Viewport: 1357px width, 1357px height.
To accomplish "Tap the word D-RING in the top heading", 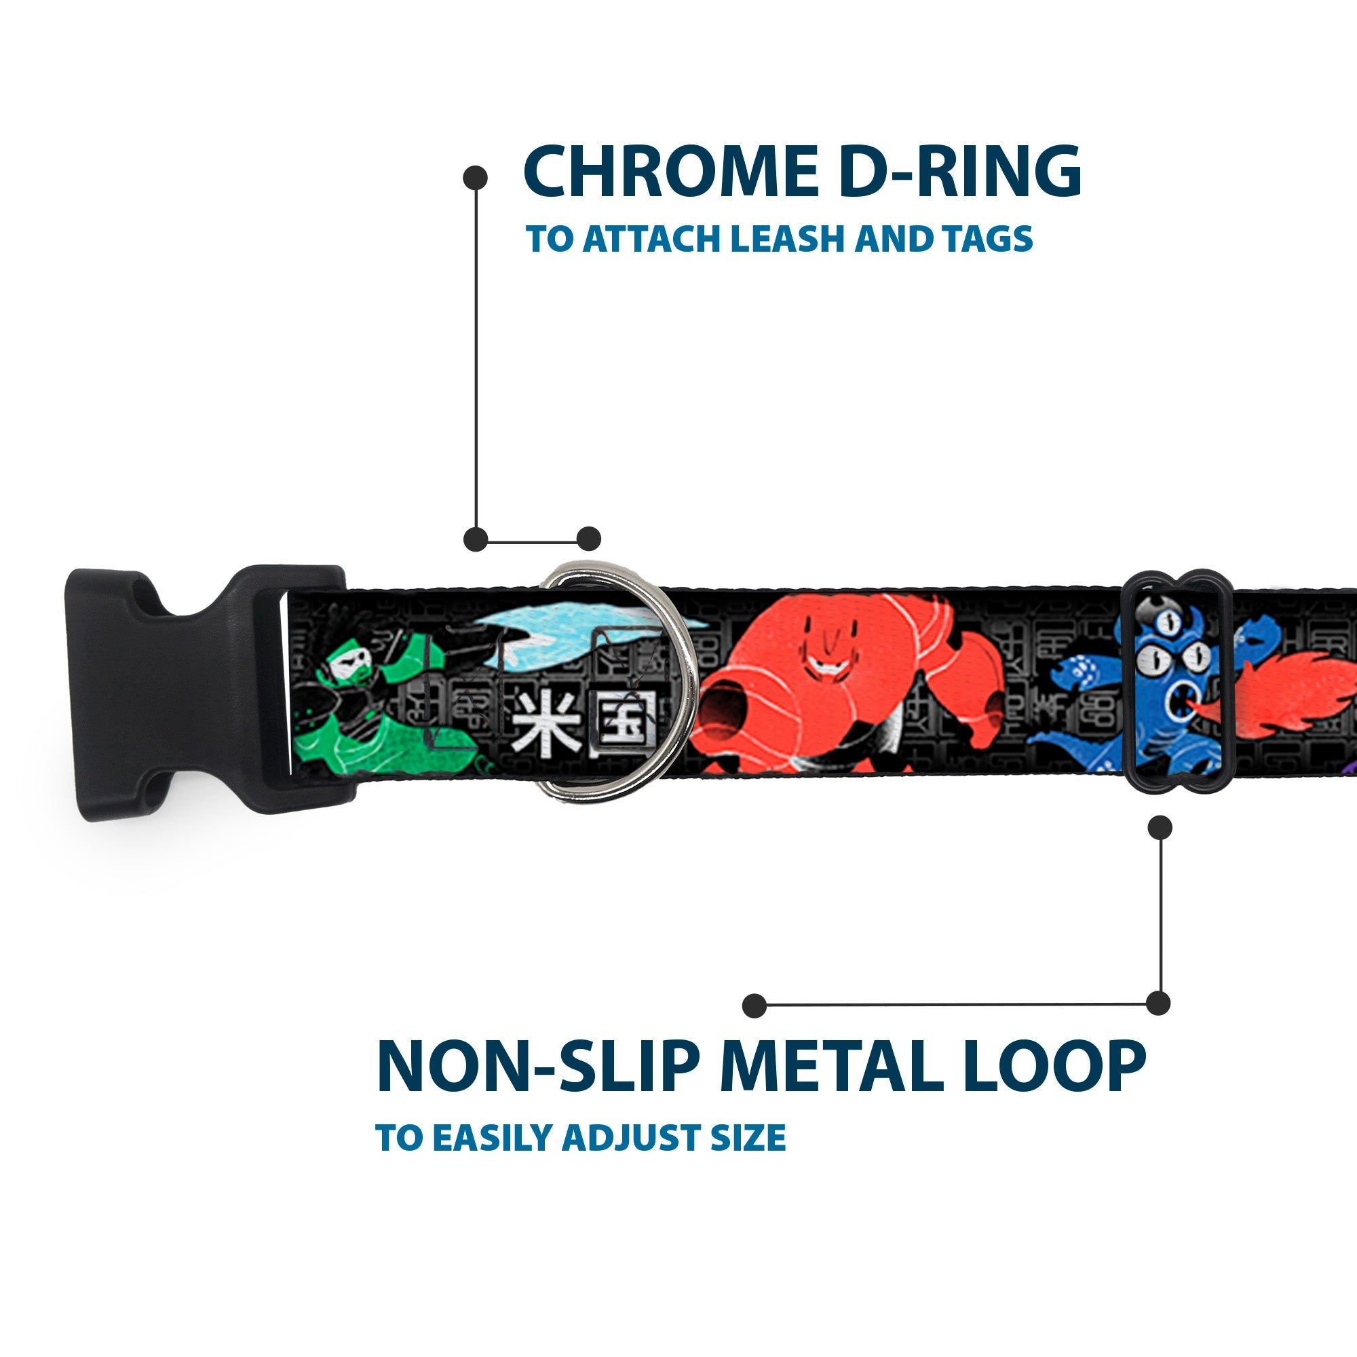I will (x=959, y=172).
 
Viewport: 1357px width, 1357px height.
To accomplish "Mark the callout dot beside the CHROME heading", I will (x=476, y=178).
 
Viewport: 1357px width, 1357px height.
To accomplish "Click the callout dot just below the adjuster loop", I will (x=1160, y=827).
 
